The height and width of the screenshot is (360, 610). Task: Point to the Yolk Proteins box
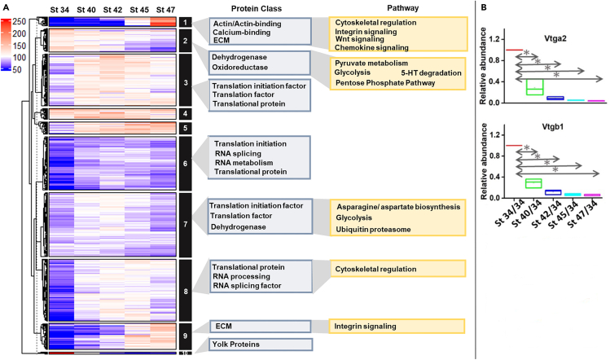(258, 345)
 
